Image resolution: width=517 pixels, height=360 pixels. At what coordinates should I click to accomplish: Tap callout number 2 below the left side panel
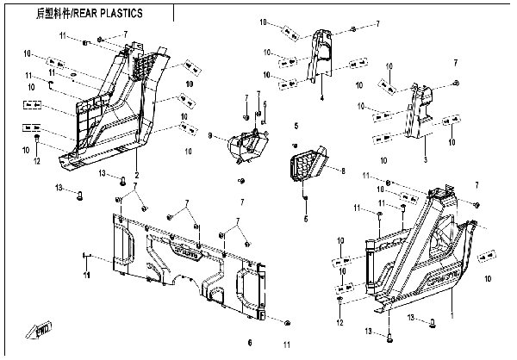click(x=136, y=176)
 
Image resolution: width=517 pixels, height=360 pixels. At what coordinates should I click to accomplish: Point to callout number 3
click(x=424, y=160)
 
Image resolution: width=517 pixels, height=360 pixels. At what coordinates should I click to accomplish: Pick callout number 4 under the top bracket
click(x=321, y=99)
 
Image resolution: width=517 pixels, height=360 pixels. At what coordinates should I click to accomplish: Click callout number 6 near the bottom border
click(x=249, y=341)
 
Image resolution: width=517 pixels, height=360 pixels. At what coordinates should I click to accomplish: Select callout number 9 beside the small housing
click(x=209, y=135)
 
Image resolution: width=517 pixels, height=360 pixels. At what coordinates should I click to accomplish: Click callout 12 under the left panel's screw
click(x=37, y=160)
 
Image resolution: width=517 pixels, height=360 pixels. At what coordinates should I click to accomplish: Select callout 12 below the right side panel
click(x=339, y=322)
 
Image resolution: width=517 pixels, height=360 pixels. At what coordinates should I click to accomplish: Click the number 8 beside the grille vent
click(x=343, y=171)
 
